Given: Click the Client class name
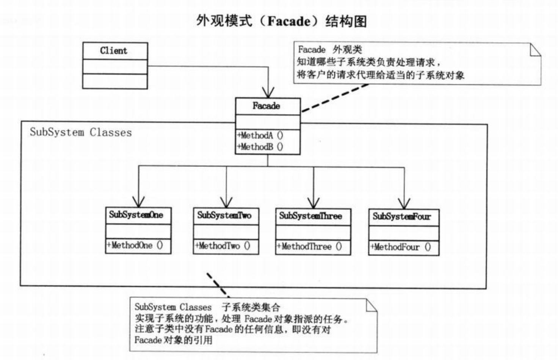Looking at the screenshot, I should tap(114, 51).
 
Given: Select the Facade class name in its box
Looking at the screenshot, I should tap(266, 106).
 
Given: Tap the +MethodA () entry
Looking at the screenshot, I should tap(260, 135).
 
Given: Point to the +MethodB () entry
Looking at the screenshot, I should tap(260, 147).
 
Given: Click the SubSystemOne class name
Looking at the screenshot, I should tap(136, 215).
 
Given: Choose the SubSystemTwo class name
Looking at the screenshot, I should tap(224, 215).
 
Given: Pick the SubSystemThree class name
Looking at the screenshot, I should tap(310, 216).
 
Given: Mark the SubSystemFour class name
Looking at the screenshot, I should tap(401, 217).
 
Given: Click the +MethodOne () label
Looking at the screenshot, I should tap(135, 245).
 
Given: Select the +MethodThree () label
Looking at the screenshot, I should tap(309, 247).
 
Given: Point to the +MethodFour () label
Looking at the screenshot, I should tap(401, 248).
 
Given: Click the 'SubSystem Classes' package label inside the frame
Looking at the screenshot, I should tap(81, 132).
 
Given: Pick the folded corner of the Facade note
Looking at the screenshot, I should tap(535, 49).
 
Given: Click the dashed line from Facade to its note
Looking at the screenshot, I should tap(334, 98).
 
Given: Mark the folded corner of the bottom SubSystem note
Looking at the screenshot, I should tap(371, 305).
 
